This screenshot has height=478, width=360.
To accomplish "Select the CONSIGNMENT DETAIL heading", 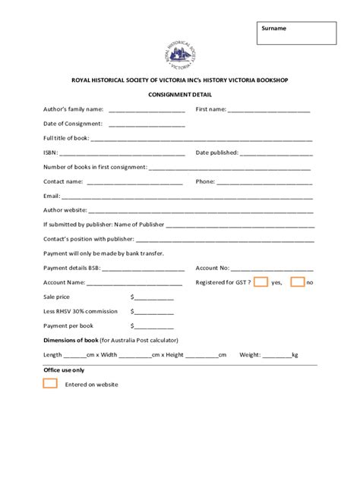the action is click(x=180, y=95).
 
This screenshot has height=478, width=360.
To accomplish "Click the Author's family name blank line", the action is click(x=147, y=111).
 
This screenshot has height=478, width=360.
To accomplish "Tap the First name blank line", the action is click(x=269, y=111).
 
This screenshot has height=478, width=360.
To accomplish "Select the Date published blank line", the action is click(x=276, y=154).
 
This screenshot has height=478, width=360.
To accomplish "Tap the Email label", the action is click(x=52, y=196).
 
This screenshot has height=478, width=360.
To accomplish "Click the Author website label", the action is click(x=65, y=210).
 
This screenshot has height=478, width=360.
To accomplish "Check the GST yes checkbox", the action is click(x=261, y=281).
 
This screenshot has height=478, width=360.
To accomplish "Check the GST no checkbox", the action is click(x=298, y=281).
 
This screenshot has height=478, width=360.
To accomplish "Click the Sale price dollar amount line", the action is click(x=154, y=298).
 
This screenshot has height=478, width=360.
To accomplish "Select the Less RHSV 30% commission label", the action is click(x=81, y=311).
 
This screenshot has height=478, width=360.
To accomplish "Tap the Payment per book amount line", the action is click(x=154, y=326).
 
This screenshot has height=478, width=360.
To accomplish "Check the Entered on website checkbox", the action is click(x=50, y=383).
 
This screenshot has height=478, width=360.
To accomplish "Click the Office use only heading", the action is click(x=64, y=370).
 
